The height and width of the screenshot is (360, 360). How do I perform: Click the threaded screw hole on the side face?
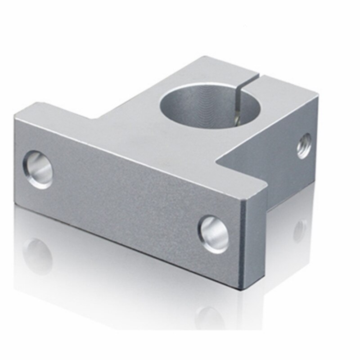304,145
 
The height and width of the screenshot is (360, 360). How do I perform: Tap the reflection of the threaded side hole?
300,230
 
